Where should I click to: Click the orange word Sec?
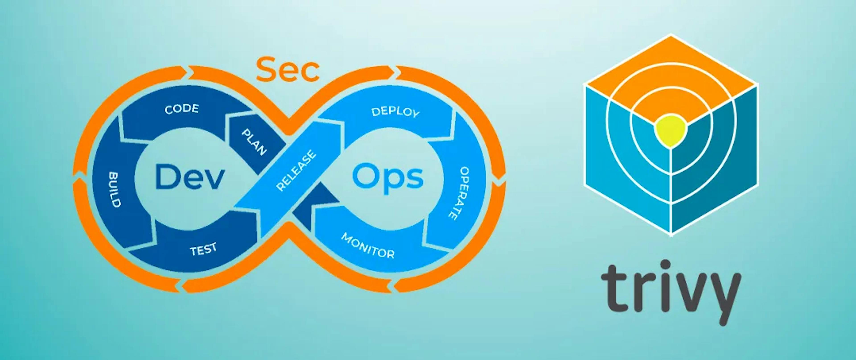click(x=288, y=70)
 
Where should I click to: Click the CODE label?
click(x=182, y=109)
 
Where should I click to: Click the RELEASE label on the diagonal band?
click(x=296, y=171)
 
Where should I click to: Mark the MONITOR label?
click(x=368, y=246)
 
